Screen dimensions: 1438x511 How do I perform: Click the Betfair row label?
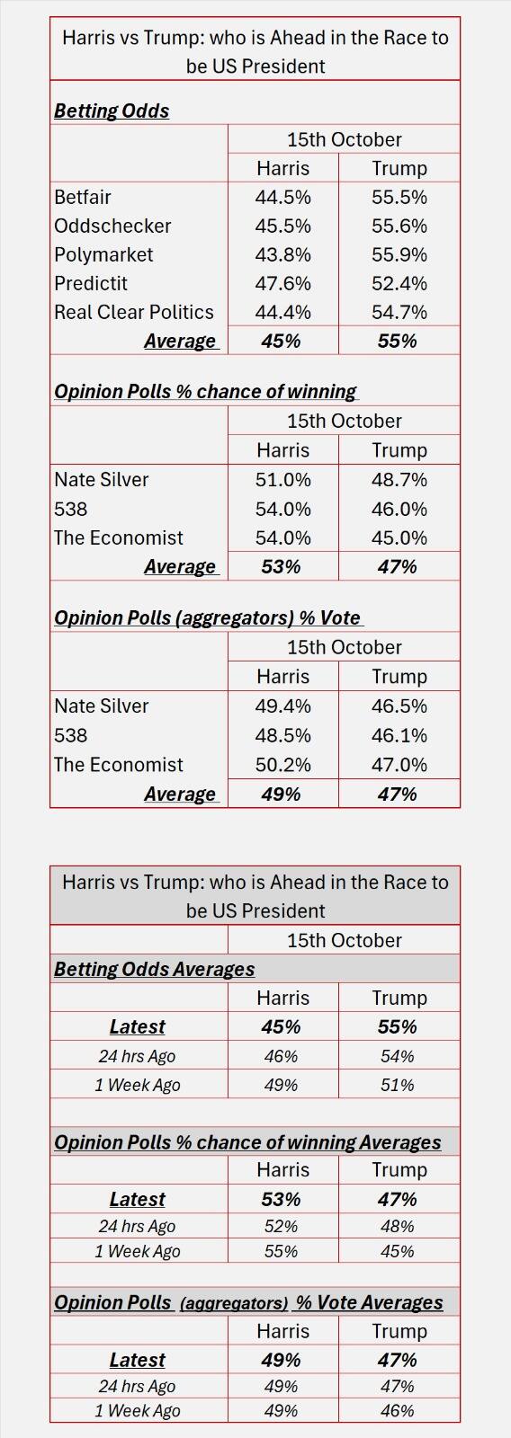point(83,197)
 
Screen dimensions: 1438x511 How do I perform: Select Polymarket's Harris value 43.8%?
point(282,254)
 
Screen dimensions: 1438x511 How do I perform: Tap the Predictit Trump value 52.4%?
point(399,283)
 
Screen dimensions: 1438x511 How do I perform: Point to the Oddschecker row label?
point(112,226)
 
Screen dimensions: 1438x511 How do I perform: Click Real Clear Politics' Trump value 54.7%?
point(399,312)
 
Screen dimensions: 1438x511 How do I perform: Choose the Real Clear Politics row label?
point(134,312)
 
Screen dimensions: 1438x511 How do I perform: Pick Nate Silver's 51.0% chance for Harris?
point(282,479)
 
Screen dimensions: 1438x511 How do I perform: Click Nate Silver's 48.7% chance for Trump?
point(399,479)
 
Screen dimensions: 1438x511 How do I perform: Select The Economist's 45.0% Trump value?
point(399,537)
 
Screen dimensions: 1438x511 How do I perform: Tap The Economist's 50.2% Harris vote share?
point(282,764)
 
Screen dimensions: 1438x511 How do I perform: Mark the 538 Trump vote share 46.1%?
point(399,735)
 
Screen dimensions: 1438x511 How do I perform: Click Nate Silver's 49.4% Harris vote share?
point(282,706)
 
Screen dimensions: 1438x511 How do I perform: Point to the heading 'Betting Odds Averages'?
point(154,969)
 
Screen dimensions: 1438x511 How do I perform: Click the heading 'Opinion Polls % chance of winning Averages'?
point(247,1141)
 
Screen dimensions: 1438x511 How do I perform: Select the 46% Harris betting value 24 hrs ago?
point(281,1056)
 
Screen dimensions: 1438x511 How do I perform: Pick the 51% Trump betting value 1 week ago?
point(397,1085)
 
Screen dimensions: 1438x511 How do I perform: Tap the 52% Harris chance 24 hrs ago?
point(281,1226)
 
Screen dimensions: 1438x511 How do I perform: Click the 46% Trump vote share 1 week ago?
point(397,1410)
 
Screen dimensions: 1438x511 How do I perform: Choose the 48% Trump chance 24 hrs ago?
point(397,1226)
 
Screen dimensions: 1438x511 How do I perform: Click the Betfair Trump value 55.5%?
point(399,197)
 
